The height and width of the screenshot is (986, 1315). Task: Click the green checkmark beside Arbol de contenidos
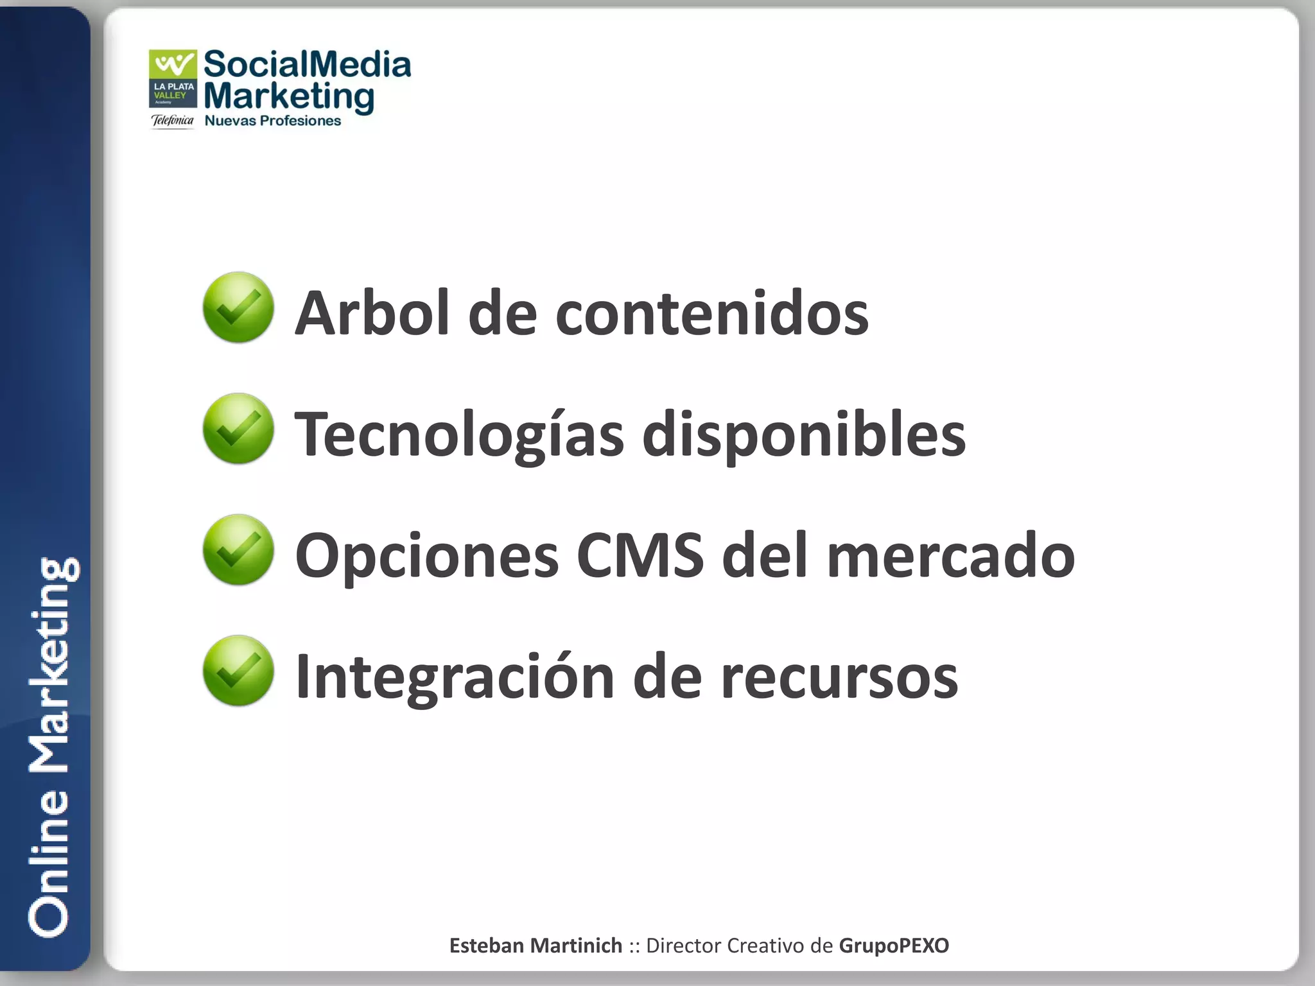tap(238, 307)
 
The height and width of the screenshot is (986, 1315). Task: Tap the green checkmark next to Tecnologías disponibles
tap(238, 429)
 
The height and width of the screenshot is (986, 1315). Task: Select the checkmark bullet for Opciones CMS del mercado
tap(238, 550)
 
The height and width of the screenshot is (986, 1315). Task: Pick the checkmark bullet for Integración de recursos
tap(238, 671)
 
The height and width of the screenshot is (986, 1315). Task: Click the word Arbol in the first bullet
tap(372, 313)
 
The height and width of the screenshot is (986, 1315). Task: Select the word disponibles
tap(804, 435)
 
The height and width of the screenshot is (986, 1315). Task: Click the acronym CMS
tap(640, 555)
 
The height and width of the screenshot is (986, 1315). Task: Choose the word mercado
tap(950, 555)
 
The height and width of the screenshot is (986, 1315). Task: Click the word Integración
tap(455, 677)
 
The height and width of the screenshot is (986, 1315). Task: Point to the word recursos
tap(839, 677)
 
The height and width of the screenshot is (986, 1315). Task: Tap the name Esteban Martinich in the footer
tap(536, 946)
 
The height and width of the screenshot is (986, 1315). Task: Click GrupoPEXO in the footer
tap(894, 946)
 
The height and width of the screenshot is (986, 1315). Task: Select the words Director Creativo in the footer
tap(724, 946)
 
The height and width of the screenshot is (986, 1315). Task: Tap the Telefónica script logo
tap(172, 120)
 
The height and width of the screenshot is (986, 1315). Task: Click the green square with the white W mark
tap(173, 64)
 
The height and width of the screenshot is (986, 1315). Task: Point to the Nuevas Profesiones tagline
tap(272, 121)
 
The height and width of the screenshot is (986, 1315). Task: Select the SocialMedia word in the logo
tap(307, 65)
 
